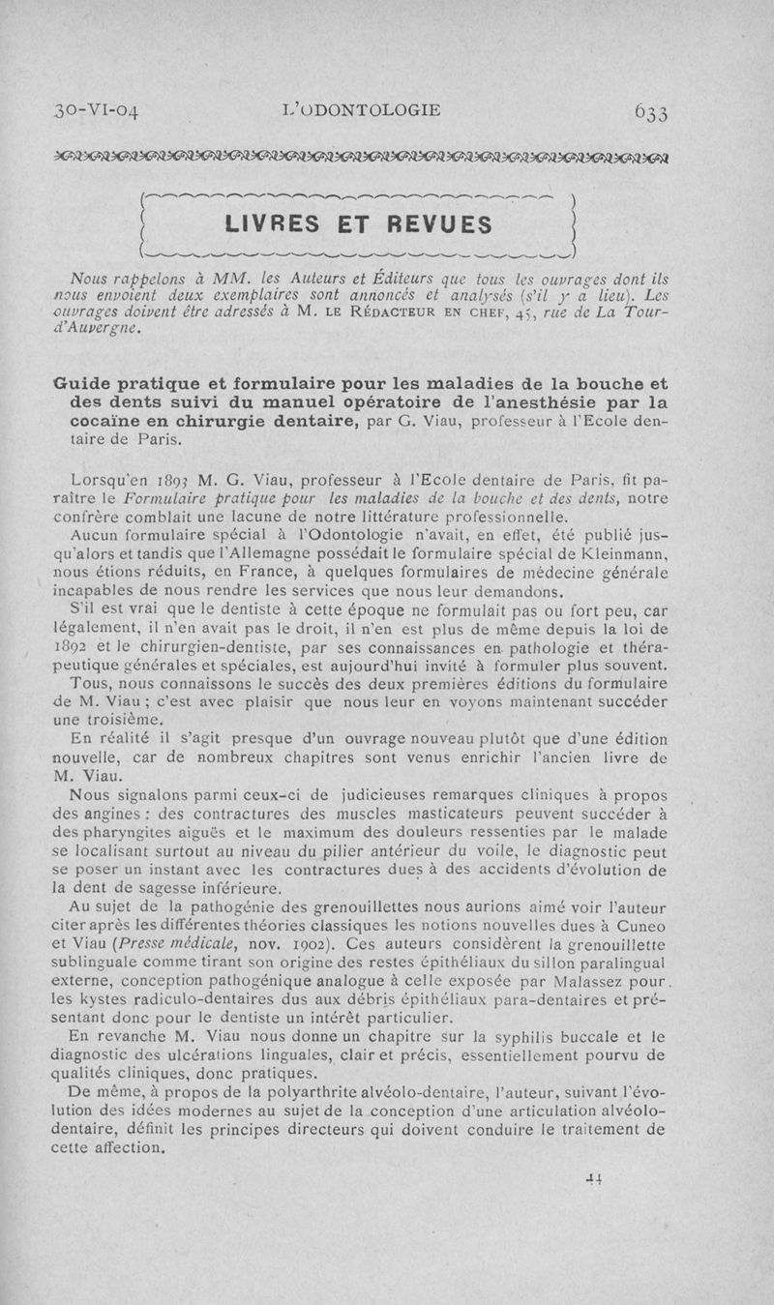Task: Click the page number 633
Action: pos(660,112)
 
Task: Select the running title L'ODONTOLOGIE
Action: pos(358,110)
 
